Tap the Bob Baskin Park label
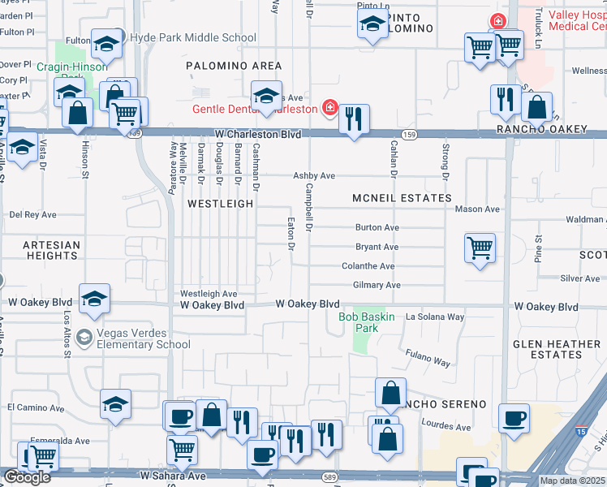pos(367,322)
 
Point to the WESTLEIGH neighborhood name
pos(220,204)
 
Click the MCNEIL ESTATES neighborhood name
pos(402,198)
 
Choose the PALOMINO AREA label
pos(234,66)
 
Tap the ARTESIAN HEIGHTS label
pos(51,250)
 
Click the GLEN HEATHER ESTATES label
pos(556,349)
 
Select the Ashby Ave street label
pos(314,176)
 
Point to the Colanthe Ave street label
pos(368,266)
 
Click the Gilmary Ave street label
pos(377,286)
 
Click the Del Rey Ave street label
pos(32,215)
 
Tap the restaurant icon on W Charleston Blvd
pos(353,119)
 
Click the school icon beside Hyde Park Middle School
pos(106,43)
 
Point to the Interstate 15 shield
pos(582,423)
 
